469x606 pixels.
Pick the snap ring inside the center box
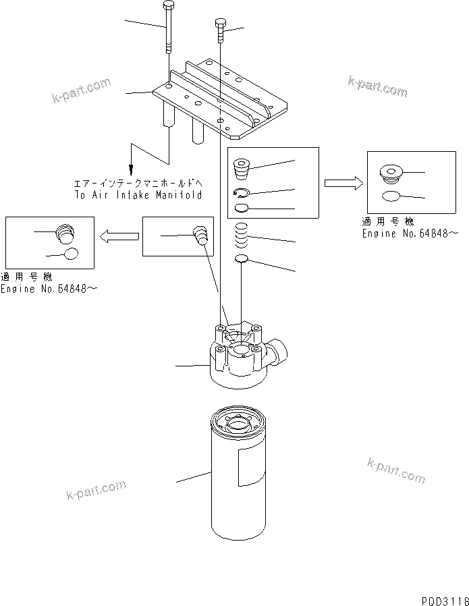[244, 193]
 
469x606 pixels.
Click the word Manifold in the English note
[177, 194]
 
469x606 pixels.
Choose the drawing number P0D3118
[442, 599]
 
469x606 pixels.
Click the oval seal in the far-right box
[393, 196]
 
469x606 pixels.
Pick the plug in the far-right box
[391, 175]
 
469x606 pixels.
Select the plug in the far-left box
[64, 234]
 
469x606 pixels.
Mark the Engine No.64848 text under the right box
[410, 233]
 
